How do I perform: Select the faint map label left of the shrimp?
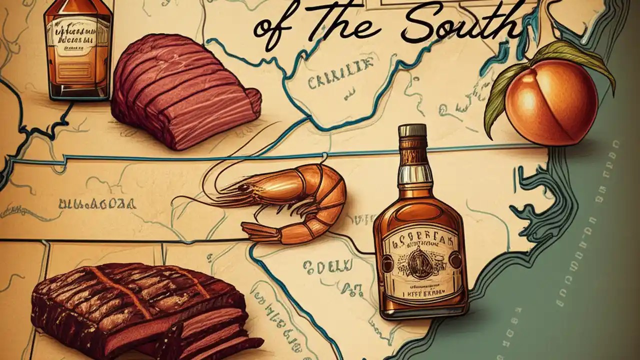click(x=97, y=203)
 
